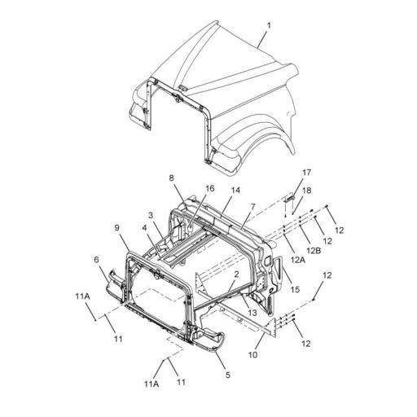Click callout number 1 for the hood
click(x=269, y=26)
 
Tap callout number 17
click(x=307, y=173)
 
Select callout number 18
click(x=307, y=191)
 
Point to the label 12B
click(x=315, y=250)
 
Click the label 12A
click(x=298, y=260)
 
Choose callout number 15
click(x=295, y=290)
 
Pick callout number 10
click(x=253, y=354)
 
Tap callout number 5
click(x=227, y=375)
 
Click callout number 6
click(x=97, y=260)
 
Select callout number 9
click(x=116, y=228)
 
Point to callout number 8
click(x=171, y=178)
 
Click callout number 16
click(x=210, y=188)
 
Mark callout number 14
click(x=235, y=191)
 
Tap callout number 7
click(x=253, y=207)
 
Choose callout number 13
click(x=252, y=313)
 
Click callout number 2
click(x=236, y=274)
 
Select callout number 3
click(x=151, y=216)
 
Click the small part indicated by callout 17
click(x=289, y=199)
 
